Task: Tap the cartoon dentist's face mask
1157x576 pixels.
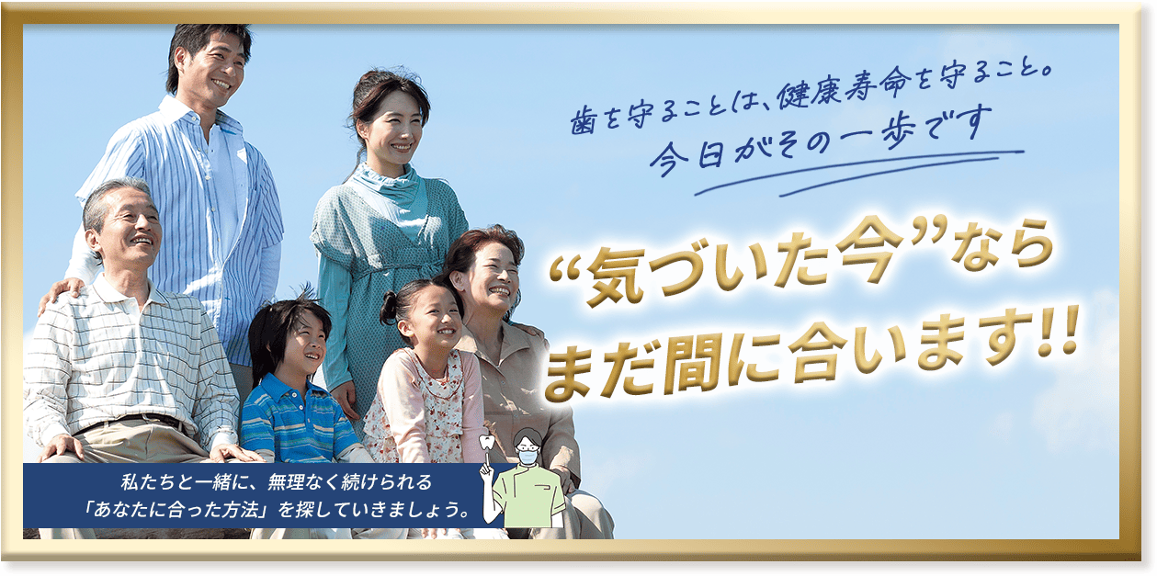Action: click(x=527, y=454)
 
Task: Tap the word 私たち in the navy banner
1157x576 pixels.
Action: click(x=142, y=480)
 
